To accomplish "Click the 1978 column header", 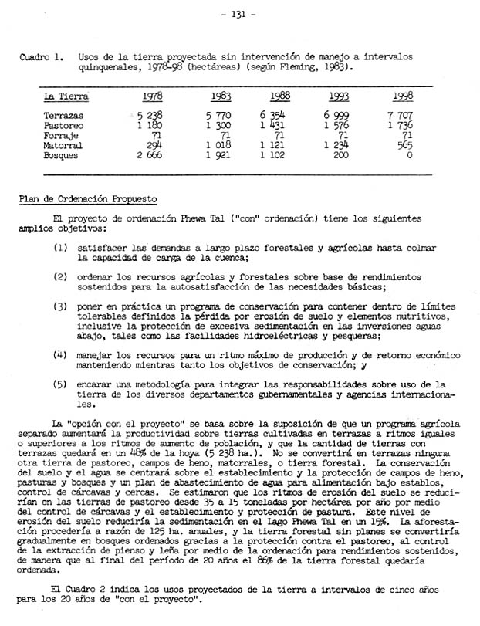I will (153, 96).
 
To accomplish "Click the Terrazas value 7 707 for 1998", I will (401, 114).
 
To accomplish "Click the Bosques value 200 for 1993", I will (340, 154).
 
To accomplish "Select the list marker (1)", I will (62, 248).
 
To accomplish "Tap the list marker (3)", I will (62, 306).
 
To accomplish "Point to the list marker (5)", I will (62, 384).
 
